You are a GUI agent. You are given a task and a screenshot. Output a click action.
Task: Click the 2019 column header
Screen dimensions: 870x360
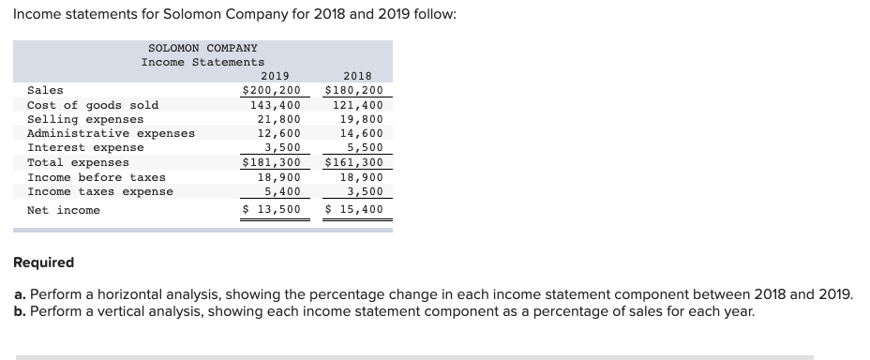coord(275,76)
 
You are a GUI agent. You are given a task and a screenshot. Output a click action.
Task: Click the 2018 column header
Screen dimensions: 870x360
coord(357,76)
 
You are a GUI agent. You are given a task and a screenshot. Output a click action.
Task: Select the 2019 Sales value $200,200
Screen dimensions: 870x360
coord(271,91)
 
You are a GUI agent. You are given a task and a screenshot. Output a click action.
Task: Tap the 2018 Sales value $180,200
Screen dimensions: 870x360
coord(353,91)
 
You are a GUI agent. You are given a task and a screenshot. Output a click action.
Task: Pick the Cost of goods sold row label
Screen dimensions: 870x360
coord(93,105)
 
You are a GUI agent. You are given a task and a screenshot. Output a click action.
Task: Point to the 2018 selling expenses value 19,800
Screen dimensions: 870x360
coord(361,119)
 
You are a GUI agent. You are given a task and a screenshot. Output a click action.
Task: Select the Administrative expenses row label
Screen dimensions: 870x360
coord(112,133)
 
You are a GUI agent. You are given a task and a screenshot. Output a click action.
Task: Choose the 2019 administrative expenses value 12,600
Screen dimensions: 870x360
coord(278,133)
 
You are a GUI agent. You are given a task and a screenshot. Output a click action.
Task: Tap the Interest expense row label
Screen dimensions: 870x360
coord(86,147)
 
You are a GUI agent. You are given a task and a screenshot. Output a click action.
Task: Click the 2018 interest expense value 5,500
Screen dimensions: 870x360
coord(365,147)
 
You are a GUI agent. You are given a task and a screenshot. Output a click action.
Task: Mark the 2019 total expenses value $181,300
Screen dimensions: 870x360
coord(271,162)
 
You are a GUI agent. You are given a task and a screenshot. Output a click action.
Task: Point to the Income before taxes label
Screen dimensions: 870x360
coord(97,177)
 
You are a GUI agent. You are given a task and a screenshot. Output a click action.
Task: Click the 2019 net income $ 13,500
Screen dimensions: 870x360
coord(271,209)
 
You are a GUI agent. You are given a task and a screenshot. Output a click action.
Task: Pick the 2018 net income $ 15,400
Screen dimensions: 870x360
coord(353,209)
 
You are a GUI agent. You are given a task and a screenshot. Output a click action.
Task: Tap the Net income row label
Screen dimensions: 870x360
coord(64,209)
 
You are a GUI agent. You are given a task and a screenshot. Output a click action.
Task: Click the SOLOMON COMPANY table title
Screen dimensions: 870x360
coord(202,47)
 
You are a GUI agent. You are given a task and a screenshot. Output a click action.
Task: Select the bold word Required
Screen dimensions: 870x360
coord(45,262)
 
